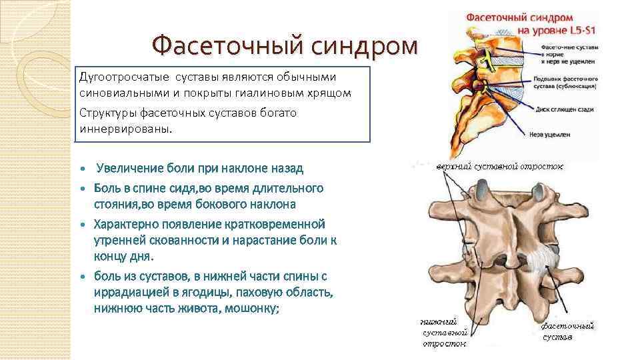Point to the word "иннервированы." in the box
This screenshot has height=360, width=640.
pos(125,129)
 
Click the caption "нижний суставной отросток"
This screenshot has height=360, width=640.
pos(443,331)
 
